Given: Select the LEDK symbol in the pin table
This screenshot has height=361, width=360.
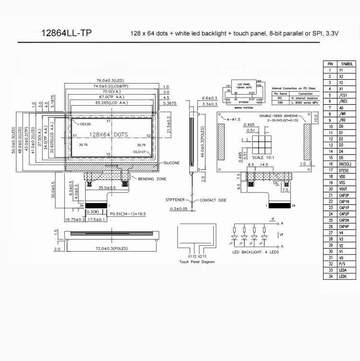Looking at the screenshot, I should click(342, 276).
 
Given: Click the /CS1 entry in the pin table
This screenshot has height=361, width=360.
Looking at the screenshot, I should click(343, 95).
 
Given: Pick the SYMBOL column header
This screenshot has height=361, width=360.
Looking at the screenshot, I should click(347, 63).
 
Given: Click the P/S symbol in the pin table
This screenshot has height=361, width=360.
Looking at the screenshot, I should click(342, 264).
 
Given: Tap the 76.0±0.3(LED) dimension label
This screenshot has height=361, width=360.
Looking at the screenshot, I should click(110, 80).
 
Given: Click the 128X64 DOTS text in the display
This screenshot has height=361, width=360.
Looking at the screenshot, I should click(109, 135).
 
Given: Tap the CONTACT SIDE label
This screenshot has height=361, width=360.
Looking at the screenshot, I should click(213, 199).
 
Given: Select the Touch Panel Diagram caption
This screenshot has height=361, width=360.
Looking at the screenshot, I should click(197, 262).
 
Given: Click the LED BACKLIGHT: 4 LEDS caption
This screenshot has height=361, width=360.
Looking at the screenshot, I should click(256, 252).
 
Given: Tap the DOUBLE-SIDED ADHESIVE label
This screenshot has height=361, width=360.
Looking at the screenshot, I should click(279, 116).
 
